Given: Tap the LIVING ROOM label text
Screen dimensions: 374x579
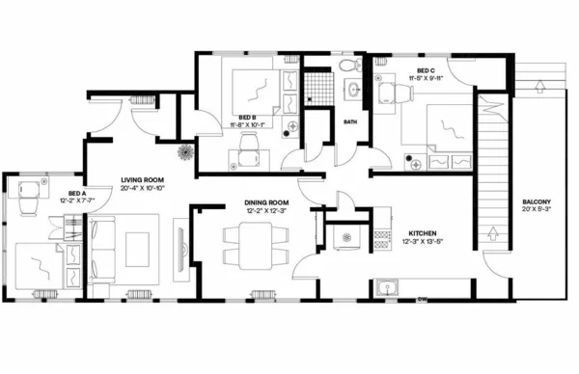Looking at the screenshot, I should [141, 179].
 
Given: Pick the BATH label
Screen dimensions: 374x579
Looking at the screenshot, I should [350, 122].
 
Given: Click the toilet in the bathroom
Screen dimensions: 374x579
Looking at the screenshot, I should [348, 66].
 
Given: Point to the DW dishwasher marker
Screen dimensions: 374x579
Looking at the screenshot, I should [422, 299].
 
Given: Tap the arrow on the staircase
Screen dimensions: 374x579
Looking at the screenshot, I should [494, 231].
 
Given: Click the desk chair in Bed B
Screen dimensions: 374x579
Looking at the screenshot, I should [249, 144].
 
